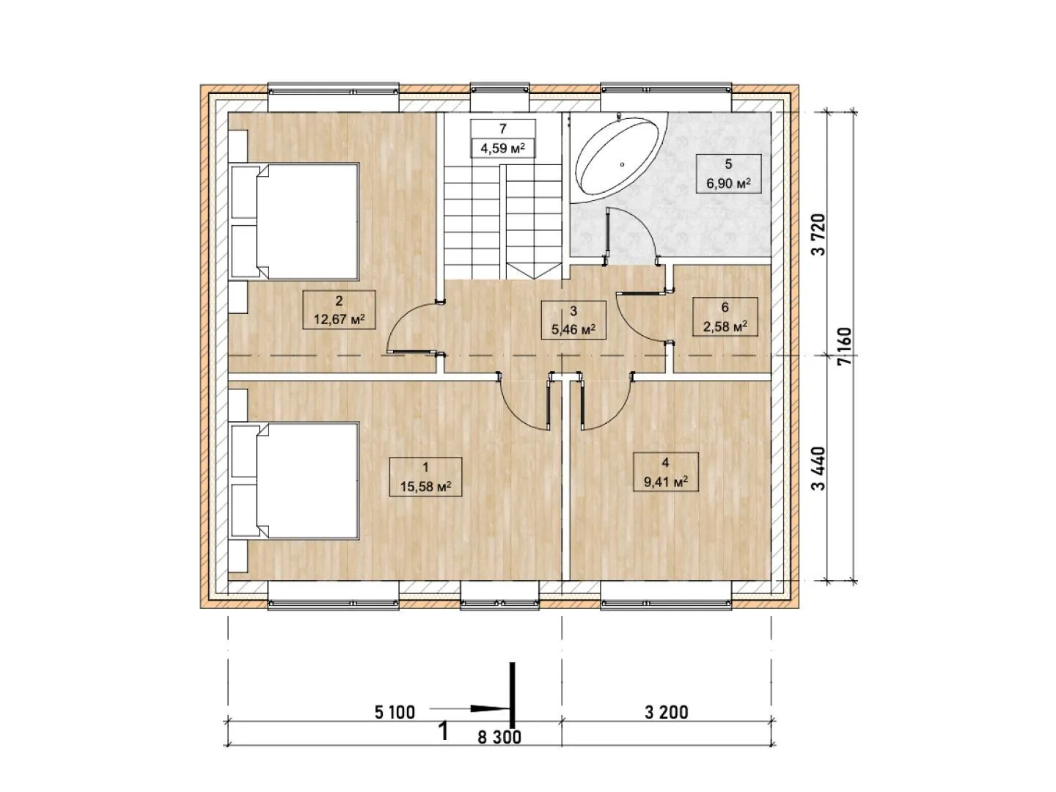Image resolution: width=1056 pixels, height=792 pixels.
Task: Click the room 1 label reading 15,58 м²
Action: tap(425, 487)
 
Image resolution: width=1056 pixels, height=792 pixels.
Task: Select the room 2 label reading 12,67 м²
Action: tap(339, 319)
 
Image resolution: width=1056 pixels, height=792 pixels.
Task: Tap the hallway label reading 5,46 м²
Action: tap(573, 330)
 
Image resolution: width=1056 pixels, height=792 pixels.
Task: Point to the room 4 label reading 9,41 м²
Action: tap(665, 481)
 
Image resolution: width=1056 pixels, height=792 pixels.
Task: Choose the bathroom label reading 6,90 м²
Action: tap(728, 183)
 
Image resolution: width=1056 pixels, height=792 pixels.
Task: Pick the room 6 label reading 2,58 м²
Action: tap(725, 327)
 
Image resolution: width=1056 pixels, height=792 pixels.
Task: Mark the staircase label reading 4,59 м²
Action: tap(503, 148)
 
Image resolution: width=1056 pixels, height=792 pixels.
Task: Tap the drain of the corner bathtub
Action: tap(622, 164)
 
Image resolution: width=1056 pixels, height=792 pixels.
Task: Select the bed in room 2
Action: tap(294, 221)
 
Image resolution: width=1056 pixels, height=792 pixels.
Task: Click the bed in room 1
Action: tap(294, 481)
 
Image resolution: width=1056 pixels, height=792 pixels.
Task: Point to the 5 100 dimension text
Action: tap(395, 712)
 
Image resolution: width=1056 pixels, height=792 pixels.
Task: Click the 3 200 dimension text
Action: tap(667, 712)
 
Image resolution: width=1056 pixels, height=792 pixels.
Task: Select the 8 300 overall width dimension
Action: tap(499, 737)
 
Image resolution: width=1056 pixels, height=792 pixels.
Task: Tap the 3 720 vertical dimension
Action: tap(818, 235)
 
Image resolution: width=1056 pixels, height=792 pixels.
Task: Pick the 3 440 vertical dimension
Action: tap(818, 469)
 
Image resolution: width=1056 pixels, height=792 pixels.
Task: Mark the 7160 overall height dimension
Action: tap(844, 346)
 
